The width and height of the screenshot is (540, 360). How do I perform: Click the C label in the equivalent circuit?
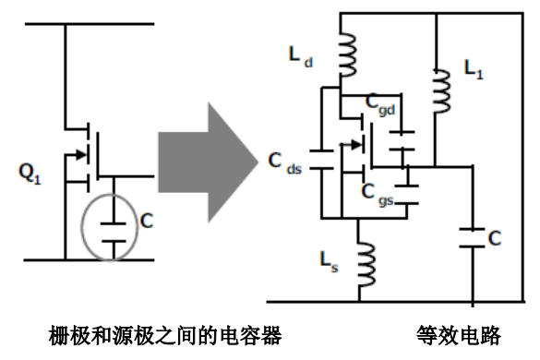497,237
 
